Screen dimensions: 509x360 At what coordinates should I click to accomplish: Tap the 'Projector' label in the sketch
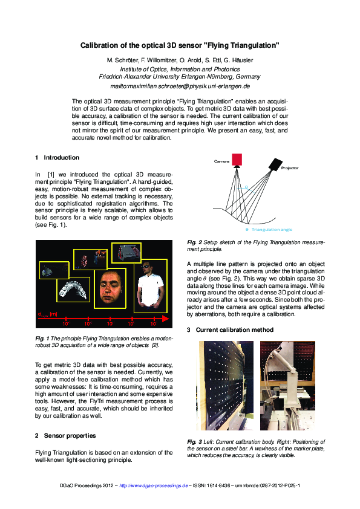click(289, 168)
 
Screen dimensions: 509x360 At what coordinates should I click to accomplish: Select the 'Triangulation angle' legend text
click(272, 230)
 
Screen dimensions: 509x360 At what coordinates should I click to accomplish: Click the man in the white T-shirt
click(148, 288)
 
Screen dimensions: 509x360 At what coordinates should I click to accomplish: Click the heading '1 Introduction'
click(57, 158)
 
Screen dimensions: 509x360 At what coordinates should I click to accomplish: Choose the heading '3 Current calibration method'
click(231, 330)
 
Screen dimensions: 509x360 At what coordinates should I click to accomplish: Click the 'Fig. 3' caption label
click(194, 442)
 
